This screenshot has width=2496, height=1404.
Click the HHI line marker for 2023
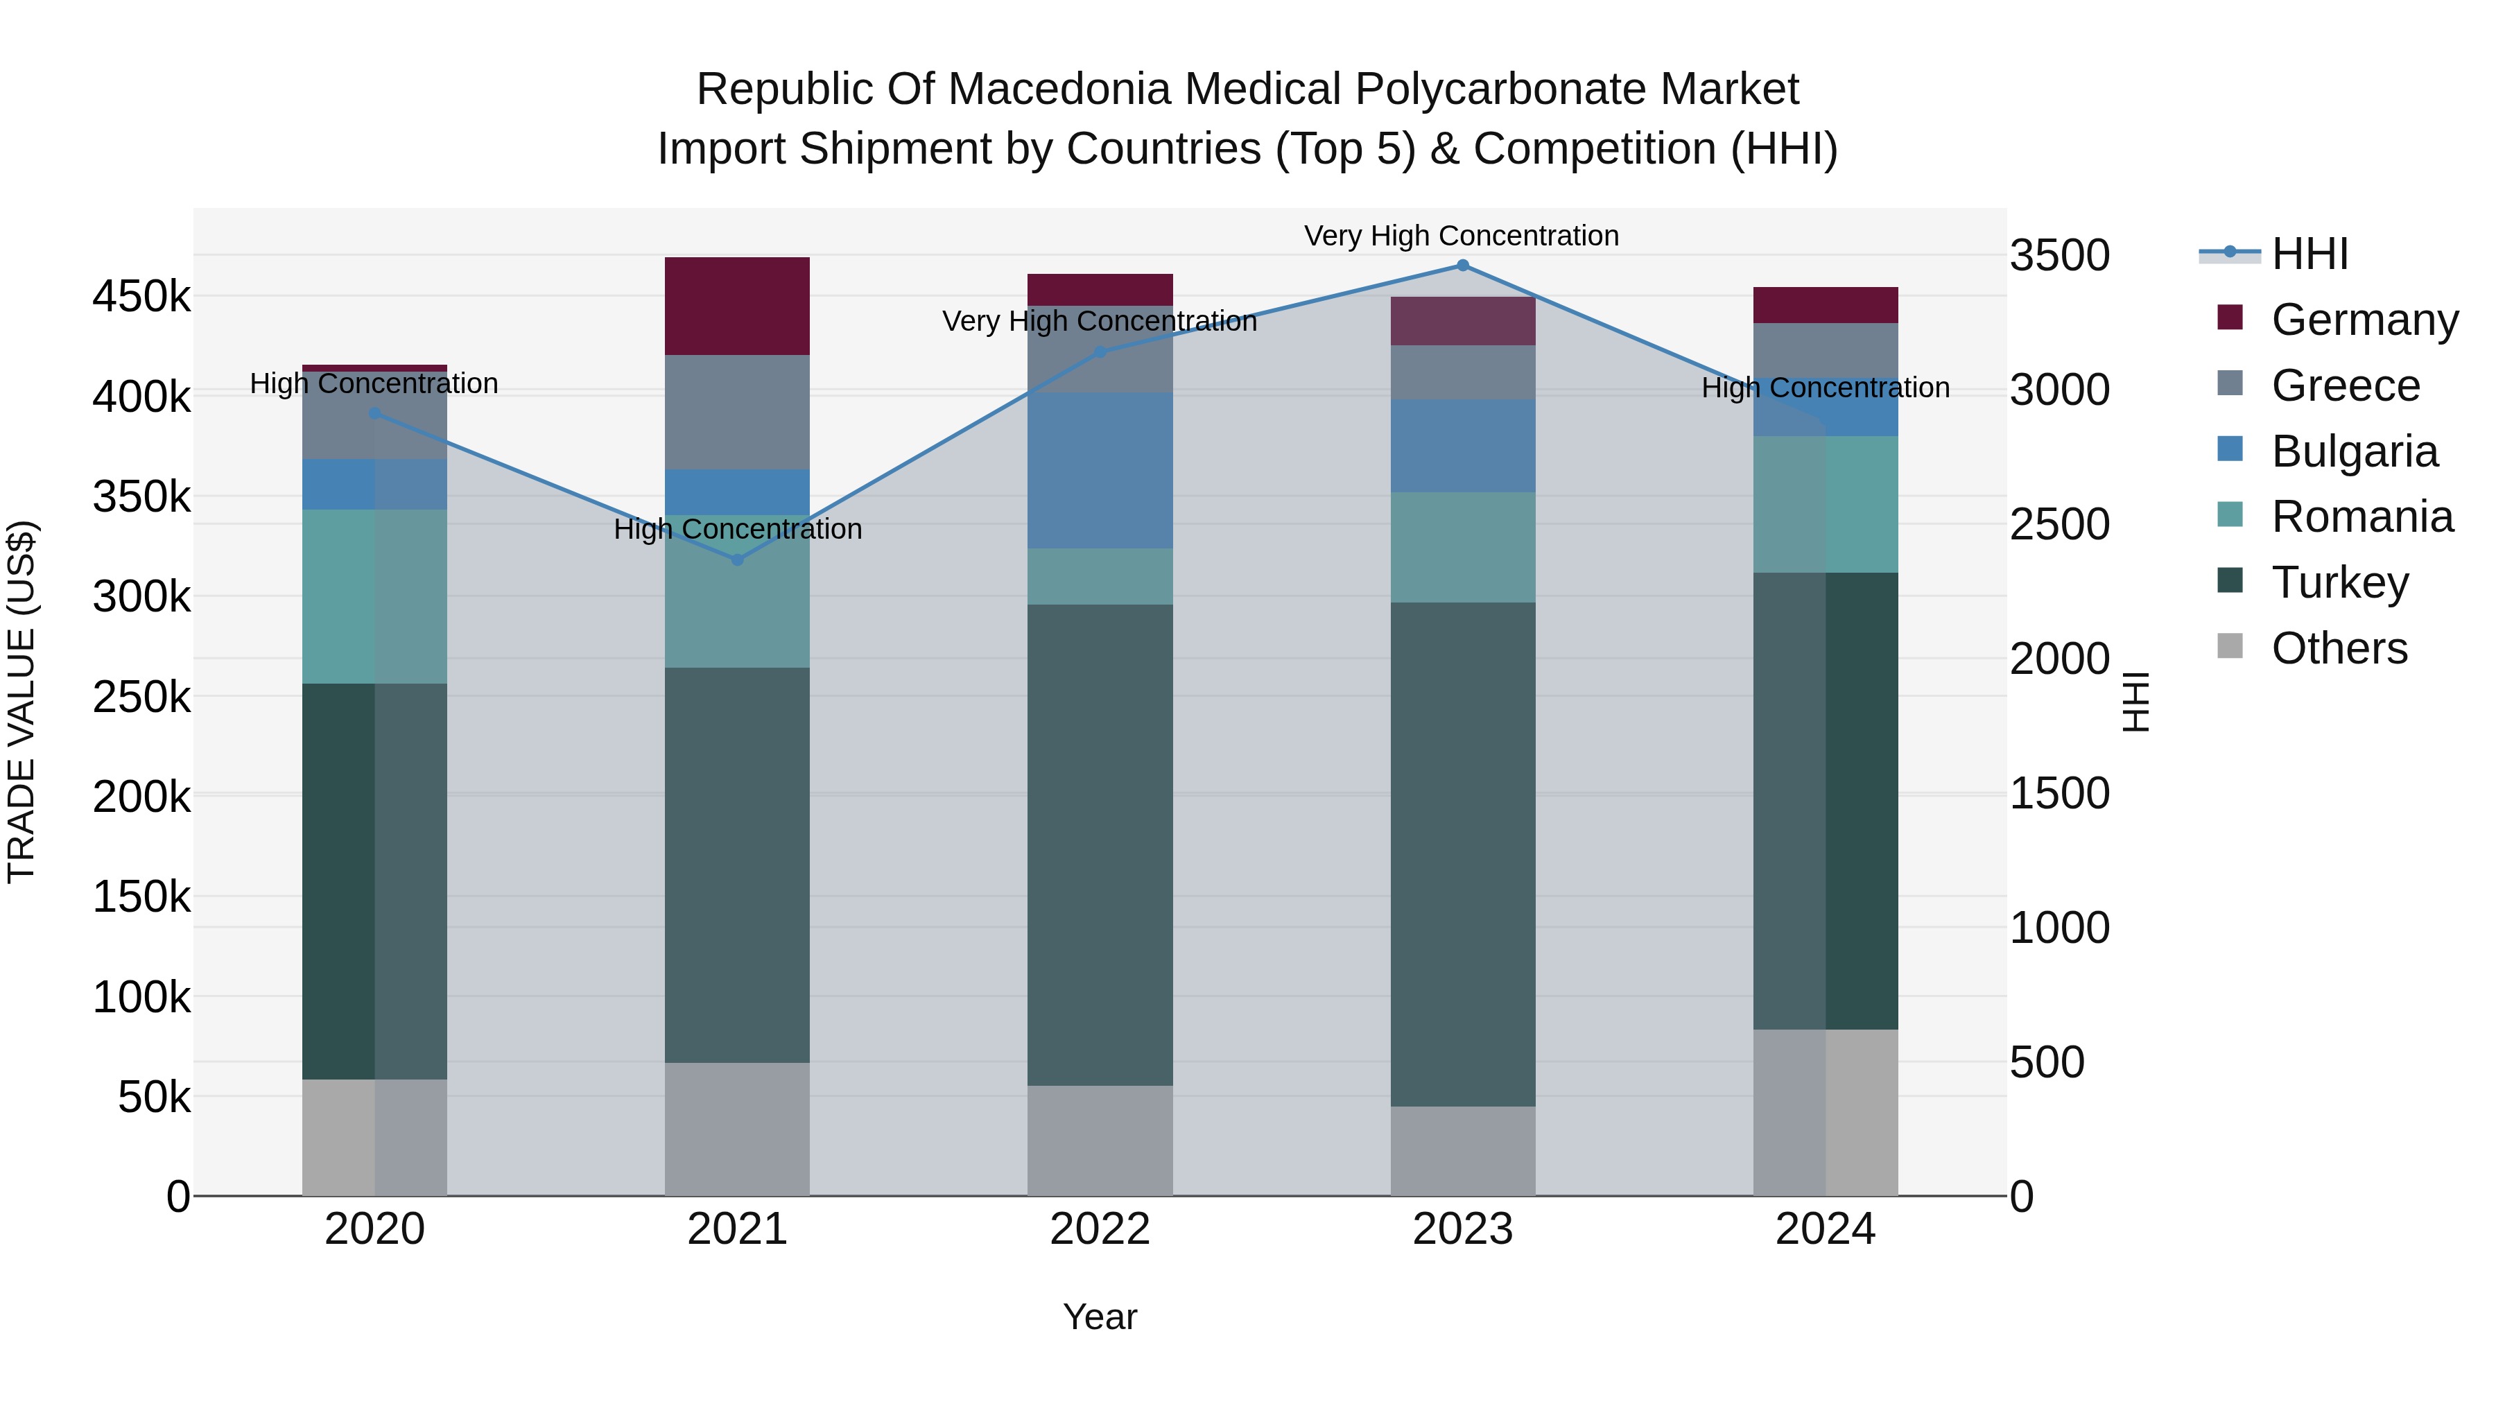coord(1462,266)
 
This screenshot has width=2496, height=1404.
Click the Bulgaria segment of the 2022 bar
coord(1100,470)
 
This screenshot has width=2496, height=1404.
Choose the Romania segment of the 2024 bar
coord(1826,504)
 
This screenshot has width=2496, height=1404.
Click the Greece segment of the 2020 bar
coord(375,417)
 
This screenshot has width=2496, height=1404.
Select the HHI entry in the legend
coord(2308,254)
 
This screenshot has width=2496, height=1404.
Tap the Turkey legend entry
coord(2339,582)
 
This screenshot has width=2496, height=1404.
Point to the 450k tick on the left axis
coord(141,297)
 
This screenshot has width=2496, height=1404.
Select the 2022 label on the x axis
coord(1100,1229)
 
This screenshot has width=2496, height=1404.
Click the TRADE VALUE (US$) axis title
coord(21,702)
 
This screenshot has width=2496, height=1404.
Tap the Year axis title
coord(1100,1317)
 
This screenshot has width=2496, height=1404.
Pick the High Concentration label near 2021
coord(738,529)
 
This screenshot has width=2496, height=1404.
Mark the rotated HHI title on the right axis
coord(2135,702)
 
